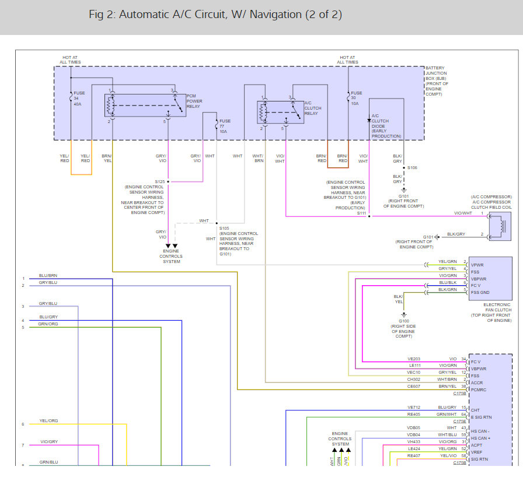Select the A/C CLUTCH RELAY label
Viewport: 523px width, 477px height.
pyautogui.click(x=312, y=108)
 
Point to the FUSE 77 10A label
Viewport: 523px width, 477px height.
pyautogui.click(x=225, y=126)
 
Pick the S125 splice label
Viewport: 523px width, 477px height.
pyautogui.click(x=160, y=181)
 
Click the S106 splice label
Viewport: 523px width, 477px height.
pyautogui.click(x=413, y=167)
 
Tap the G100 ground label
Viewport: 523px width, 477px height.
pyautogui.click(x=403, y=321)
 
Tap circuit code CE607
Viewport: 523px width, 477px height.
pyautogui.click(x=413, y=386)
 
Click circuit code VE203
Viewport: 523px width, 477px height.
pyautogui.click(x=413, y=359)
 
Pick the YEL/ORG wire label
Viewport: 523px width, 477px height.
pyautogui.click(x=48, y=420)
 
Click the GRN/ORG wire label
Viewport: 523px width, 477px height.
pyautogui.click(x=48, y=324)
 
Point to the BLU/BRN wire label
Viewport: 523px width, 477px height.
pyautogui.click(x=48, y=275)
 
